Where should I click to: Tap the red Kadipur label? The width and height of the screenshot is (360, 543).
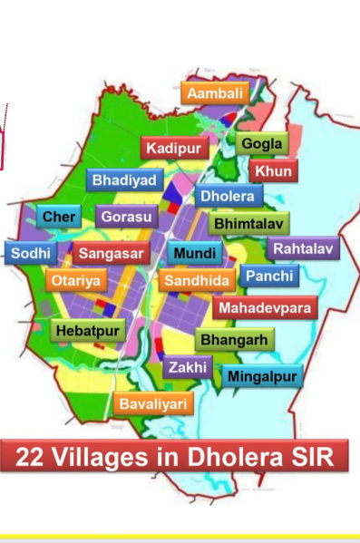pos(175,147)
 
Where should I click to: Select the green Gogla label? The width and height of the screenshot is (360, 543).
pos(262,143)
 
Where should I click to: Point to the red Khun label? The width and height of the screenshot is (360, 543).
pos(274,170)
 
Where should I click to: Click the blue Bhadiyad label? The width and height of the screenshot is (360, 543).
pos(126,179)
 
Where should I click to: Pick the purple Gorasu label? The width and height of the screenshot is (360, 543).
pos(127,218)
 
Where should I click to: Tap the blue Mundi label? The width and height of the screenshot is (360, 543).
pos(195,253)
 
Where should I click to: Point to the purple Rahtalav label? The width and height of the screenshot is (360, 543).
pos(303,248)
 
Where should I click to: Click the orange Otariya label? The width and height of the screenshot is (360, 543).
pos(76,280)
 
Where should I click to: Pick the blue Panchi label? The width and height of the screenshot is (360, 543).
pos(269,276)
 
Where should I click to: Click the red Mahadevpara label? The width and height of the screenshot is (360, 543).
pos(265,308)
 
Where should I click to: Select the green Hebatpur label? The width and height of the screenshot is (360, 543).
pos(87,331)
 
